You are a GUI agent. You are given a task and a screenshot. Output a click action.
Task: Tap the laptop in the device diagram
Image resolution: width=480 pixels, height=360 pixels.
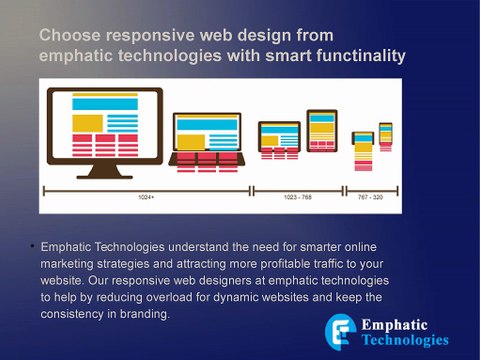coord(206,139)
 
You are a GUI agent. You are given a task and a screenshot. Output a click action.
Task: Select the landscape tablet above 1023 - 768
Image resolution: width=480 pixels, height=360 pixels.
coord(279,139)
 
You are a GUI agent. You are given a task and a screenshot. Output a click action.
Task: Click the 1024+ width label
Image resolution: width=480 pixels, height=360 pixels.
coord(145,197)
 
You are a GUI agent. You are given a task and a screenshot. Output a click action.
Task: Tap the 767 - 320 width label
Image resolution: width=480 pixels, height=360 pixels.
coord(370,197)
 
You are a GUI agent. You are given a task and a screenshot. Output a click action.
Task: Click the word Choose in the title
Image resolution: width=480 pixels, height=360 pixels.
coord(67,36)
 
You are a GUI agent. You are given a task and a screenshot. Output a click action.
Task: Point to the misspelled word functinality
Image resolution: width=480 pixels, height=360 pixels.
coord(355,56)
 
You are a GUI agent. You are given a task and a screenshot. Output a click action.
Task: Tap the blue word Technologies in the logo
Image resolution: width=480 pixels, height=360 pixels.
coord(405,340)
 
